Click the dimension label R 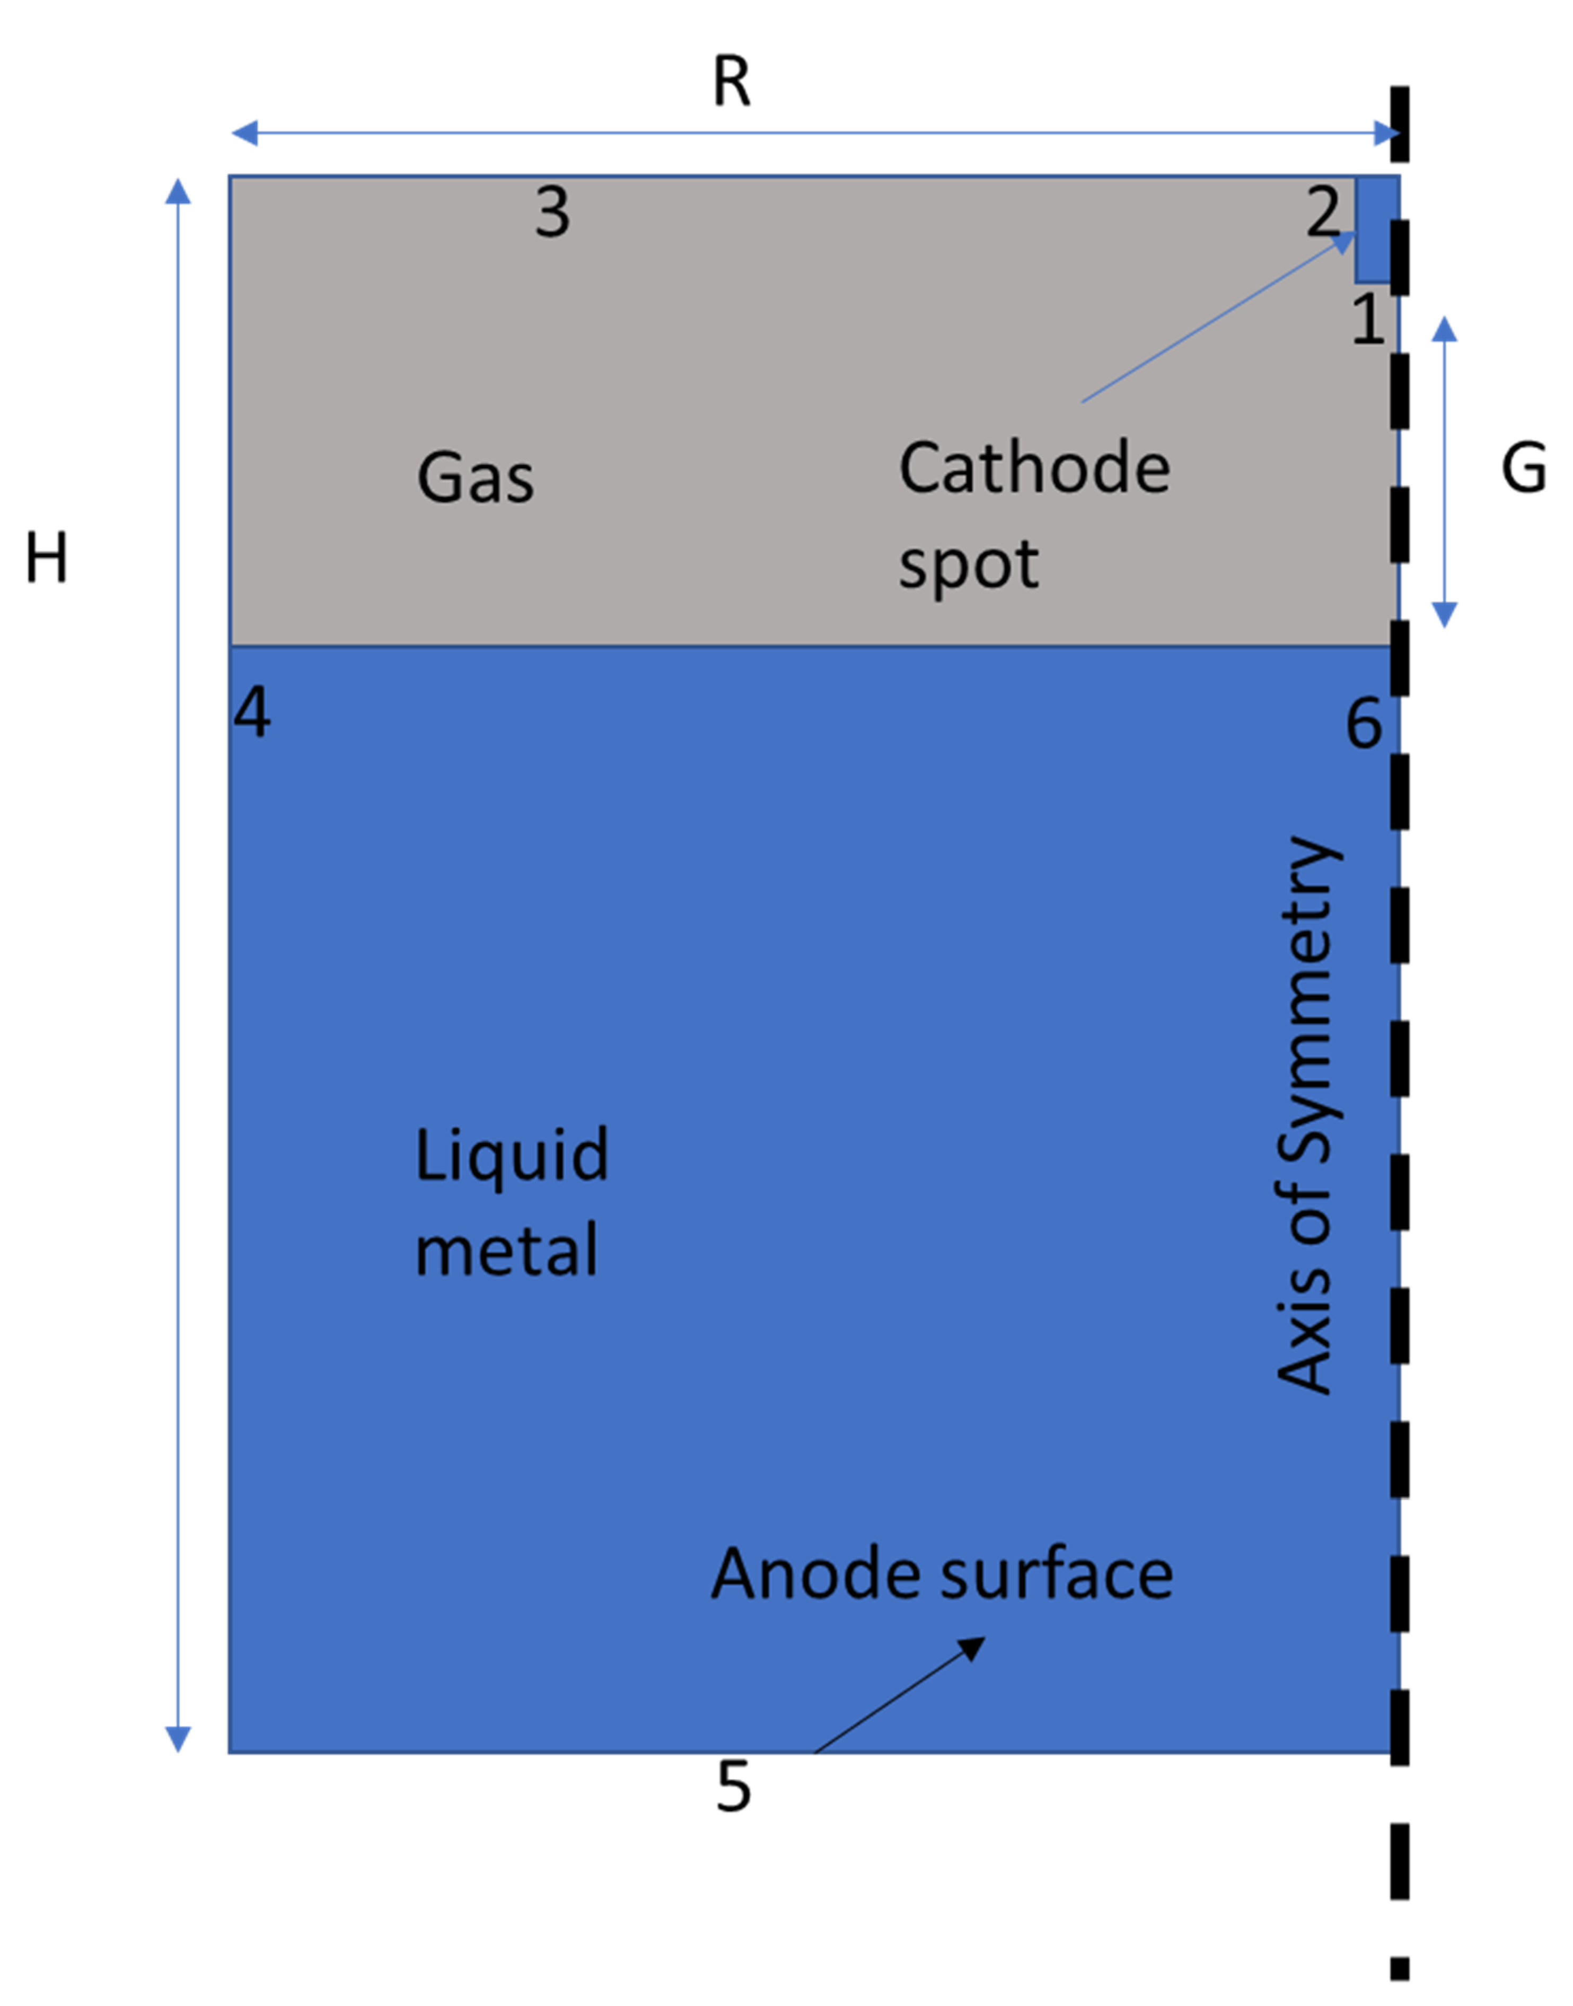tap(732, 83)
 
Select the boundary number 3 tap(552, 213)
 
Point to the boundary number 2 tap(1323, 213)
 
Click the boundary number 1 tap(1368, 320)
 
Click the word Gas tap(475, 478)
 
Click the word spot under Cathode tap(968, 565)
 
